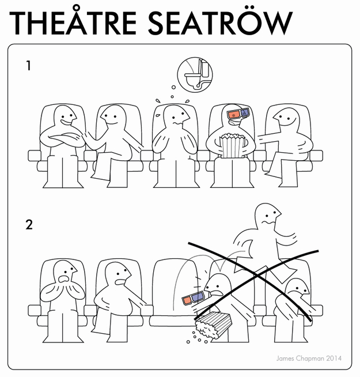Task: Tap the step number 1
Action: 29,66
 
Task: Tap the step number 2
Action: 29,225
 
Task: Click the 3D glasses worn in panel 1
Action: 238,114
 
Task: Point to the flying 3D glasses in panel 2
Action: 193,297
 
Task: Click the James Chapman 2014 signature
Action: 309,358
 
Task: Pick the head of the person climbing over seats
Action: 267,215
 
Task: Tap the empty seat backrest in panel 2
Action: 176,286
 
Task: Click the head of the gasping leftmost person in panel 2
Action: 65,272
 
